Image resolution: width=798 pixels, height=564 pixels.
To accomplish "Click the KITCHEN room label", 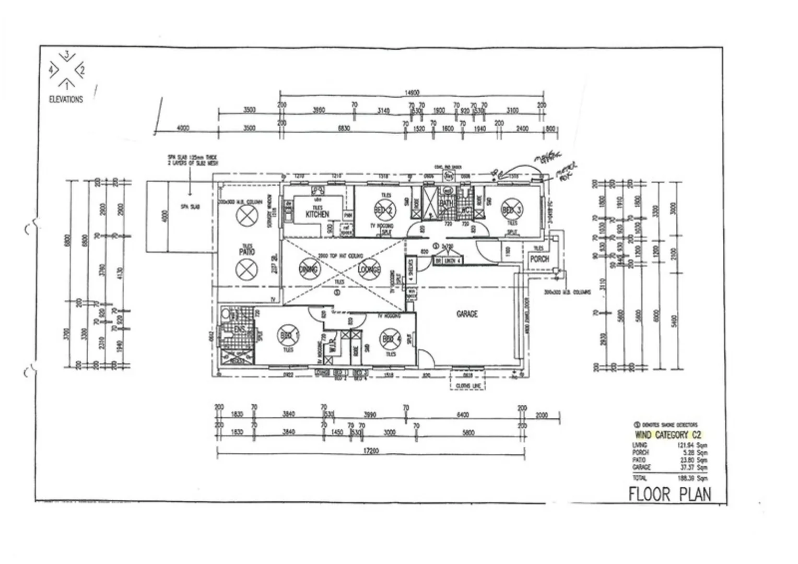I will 318,214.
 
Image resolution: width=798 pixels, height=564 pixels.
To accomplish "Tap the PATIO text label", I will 246,251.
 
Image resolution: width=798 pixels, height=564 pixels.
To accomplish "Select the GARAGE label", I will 467,314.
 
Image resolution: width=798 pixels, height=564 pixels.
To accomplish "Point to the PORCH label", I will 539,258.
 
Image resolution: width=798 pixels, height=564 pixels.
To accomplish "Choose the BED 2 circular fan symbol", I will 385,210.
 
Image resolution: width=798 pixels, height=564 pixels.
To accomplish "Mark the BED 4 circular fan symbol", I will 390,339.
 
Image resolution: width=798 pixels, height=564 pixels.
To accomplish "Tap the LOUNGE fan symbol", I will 369,269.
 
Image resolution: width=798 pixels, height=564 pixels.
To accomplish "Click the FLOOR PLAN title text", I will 670,494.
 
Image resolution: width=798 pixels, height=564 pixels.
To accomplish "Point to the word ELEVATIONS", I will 66,99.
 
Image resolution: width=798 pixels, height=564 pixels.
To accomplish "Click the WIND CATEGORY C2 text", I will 667,434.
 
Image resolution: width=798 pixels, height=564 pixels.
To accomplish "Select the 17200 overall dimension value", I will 370,451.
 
